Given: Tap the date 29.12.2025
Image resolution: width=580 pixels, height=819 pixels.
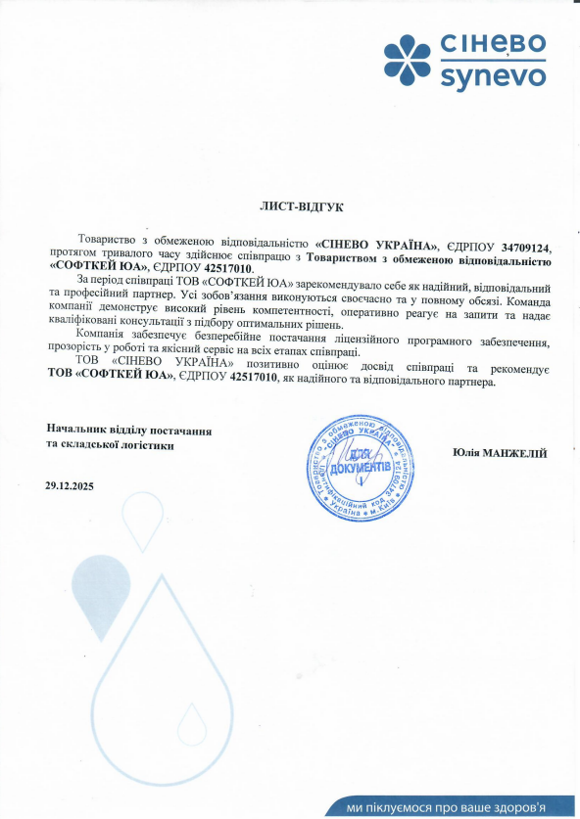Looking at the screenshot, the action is tap(72, 486).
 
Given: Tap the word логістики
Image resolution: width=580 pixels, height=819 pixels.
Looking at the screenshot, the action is tap(147, 445).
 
